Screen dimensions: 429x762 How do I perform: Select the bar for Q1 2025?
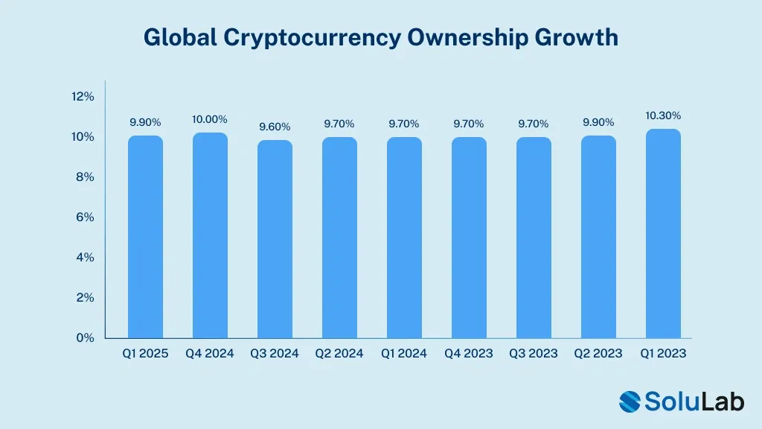145,237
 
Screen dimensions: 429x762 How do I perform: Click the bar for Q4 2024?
210,235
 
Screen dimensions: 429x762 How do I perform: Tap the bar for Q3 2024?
275,239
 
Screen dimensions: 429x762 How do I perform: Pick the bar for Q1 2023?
663,234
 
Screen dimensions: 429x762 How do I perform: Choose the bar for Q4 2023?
469,238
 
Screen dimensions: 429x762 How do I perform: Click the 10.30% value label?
663,115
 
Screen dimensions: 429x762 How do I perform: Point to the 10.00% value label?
210,119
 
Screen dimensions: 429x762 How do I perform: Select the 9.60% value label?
275,127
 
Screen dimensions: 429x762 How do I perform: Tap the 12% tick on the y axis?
83,97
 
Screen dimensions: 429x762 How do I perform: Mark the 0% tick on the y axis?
85,338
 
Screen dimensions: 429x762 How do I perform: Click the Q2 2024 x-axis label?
339,354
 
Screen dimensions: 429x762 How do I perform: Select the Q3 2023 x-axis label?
534,354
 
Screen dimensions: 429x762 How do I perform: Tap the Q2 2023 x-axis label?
598,354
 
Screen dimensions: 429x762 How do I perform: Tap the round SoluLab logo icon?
630,401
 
